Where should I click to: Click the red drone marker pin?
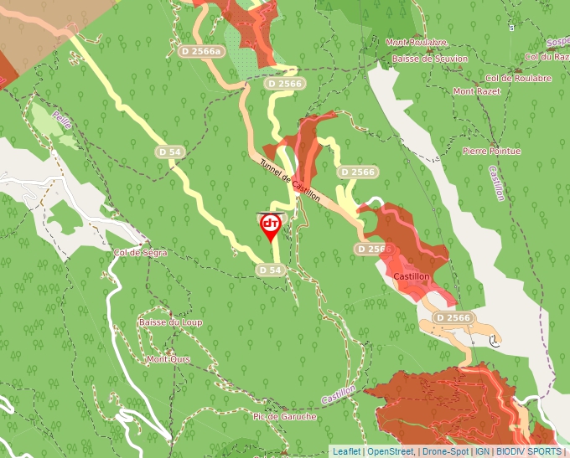271,225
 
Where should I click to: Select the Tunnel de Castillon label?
290,180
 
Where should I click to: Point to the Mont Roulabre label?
416,42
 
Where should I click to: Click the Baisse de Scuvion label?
424,59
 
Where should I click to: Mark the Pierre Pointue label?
491,151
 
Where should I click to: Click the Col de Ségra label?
140,252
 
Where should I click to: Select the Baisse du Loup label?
170,322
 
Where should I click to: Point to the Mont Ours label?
168,359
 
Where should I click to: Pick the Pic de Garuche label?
284,416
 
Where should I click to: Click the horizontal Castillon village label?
411,276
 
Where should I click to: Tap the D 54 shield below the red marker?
270,270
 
